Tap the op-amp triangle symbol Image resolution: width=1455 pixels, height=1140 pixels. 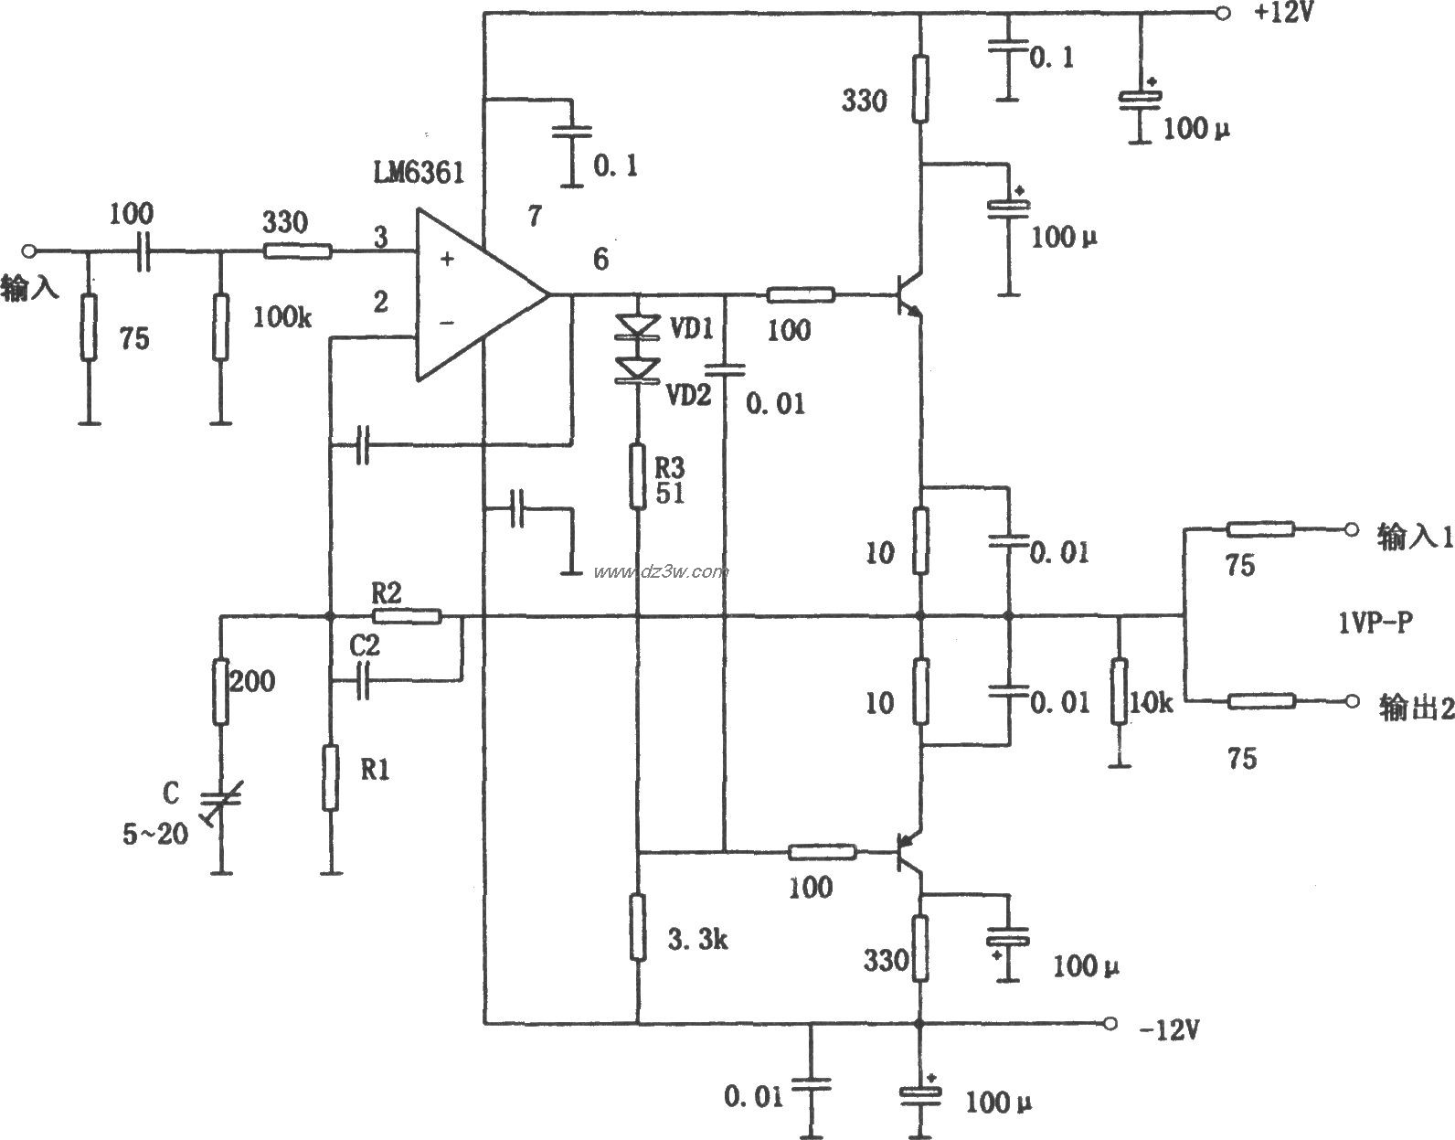click(475, 295)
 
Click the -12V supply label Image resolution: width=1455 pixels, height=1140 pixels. click(1167, 1030)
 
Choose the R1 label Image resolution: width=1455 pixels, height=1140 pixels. click(376, 770)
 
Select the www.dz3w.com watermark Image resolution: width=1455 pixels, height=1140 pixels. click(660, 572)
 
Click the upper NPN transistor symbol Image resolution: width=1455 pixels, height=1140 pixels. click(908, 295)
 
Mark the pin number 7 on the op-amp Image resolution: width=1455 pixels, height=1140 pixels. click(534, 217)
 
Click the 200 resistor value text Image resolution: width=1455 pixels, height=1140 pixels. click(252, 680)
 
